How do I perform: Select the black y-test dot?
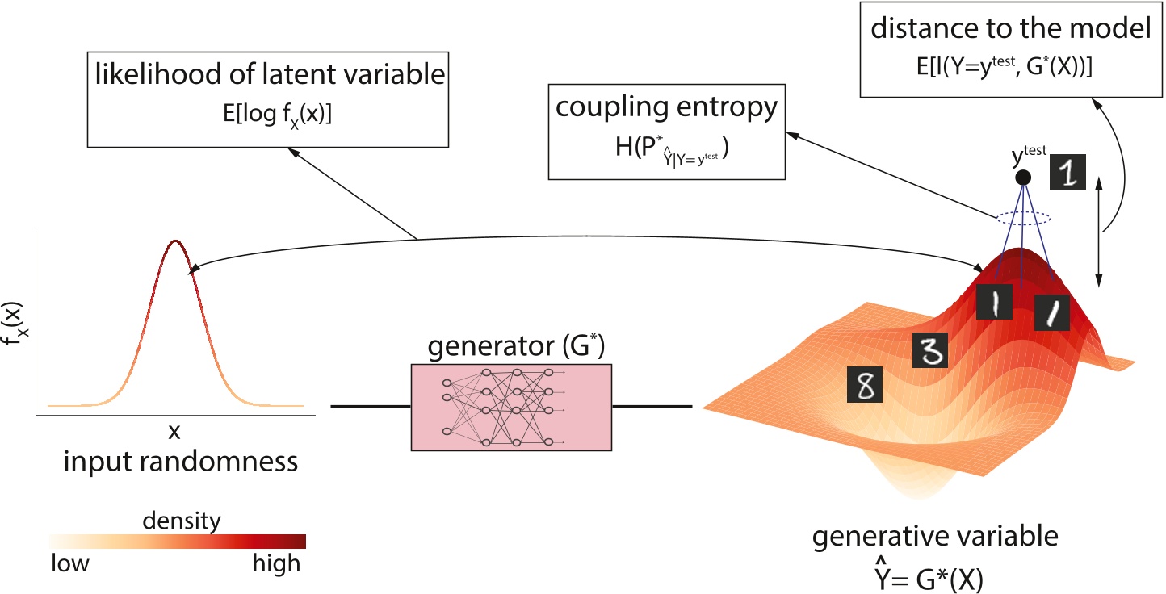tap(1023, 177)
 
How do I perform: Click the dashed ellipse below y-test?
tap(1023, 217)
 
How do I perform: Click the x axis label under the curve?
tap(174, 432)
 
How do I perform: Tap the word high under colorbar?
tap(277, 563)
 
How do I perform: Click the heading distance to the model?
tap(1009, 31)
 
